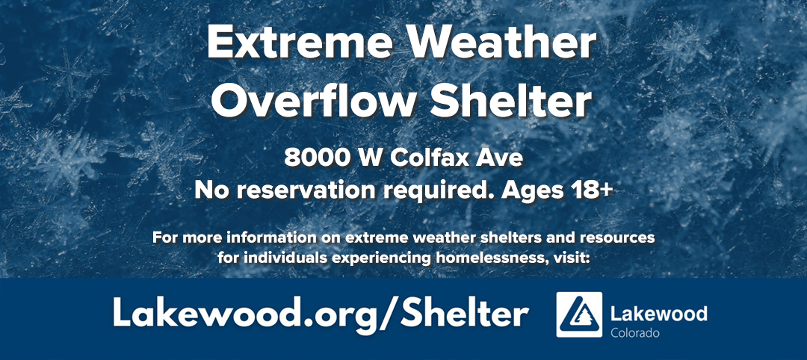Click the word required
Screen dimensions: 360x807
click(416, 190)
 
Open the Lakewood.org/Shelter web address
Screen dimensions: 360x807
click(321, 314)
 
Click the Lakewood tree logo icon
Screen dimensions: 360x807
click(580, 314)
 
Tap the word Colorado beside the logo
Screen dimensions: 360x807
click(635, 332)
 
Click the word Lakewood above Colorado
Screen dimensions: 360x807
click(658, 311)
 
